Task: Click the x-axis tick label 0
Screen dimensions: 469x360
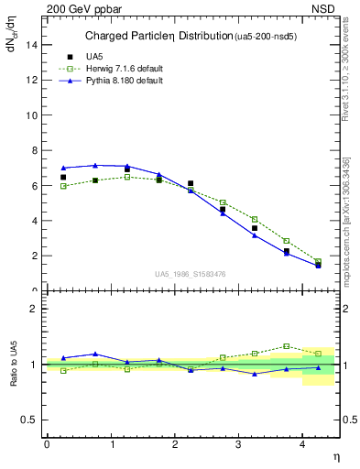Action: coord(47,444)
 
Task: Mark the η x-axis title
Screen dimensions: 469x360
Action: coord(335,455)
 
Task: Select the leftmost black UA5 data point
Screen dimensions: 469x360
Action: coord(63,178)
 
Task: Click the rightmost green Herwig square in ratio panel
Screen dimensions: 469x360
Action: coord(318,353)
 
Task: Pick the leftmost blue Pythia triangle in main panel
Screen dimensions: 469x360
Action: coord(63,168)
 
